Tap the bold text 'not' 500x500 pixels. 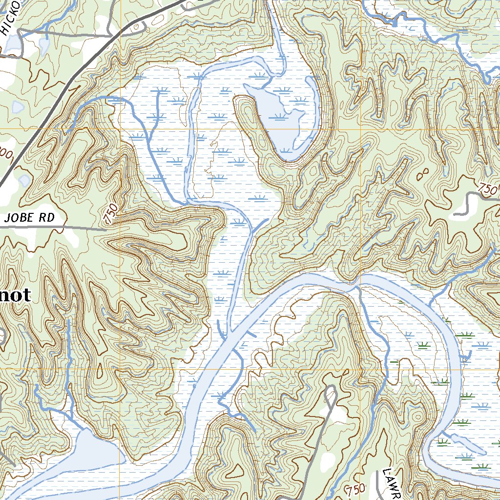coord(15,295)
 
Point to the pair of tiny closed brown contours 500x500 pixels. coord(424,174)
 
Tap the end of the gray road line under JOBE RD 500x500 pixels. coord(105,229)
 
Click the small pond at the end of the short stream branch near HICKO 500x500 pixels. coord(44,46)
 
